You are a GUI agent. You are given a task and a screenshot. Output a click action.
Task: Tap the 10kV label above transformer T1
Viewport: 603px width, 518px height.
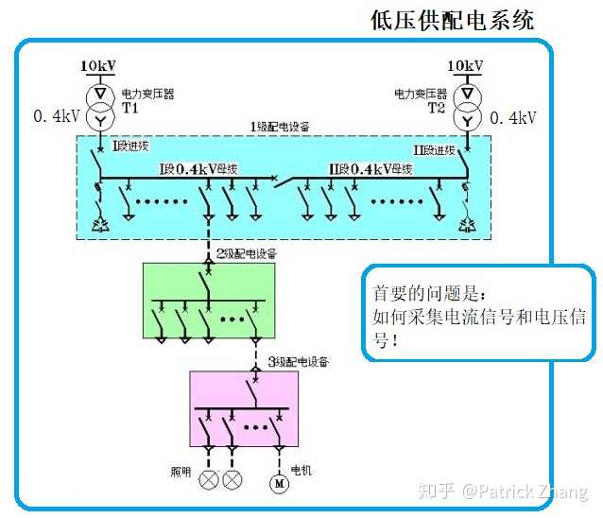click(97, 66)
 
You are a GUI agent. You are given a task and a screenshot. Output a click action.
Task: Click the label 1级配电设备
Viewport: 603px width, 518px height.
click(281, 127)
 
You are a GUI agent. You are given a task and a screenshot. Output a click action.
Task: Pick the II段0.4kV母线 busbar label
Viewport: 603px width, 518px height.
click(370, 169)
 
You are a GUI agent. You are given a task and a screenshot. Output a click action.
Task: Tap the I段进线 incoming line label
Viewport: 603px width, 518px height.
click(131, 147)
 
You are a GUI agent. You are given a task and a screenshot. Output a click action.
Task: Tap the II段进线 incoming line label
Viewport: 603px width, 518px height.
click(435, 149)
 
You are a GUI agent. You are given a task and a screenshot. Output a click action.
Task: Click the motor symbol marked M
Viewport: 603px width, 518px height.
click(279, 482)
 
